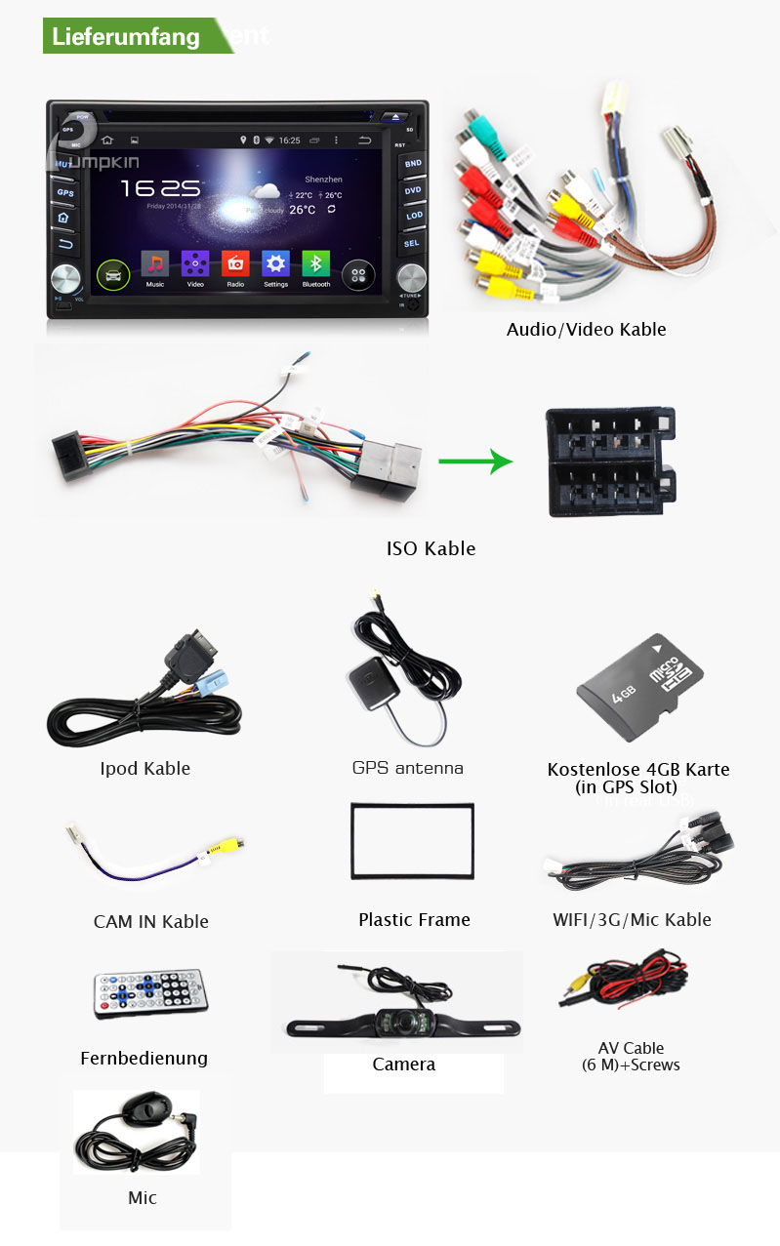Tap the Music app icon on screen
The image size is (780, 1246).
pos(154,264)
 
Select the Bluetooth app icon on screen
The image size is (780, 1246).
pos(315,264)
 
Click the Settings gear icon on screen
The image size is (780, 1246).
pos(275,264)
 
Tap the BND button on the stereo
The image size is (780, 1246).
pos(413,164)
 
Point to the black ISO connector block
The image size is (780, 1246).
pos(608,462)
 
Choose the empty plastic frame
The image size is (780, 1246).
pos(412,841)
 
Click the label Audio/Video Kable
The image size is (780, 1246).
pos(586,330)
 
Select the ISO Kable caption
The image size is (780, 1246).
pos(431,548)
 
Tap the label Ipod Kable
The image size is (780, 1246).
pos(144,769)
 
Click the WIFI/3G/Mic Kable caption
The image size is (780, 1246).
pos(632,919)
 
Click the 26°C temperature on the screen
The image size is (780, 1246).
pos(302,210)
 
